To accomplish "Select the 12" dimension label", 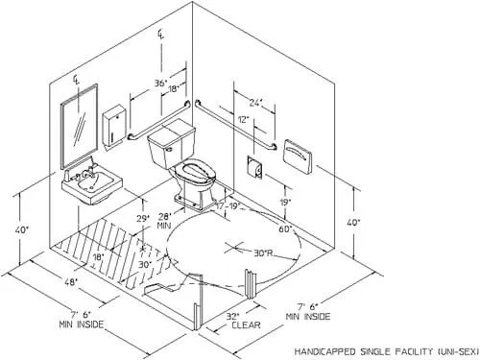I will pyautogui.click(x=243, y=119).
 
